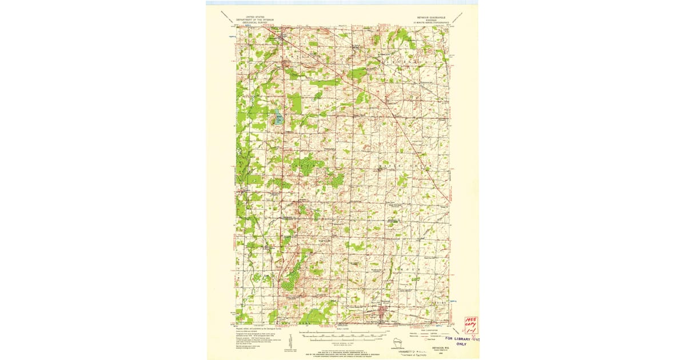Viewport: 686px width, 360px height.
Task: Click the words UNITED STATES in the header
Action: pos(255,17)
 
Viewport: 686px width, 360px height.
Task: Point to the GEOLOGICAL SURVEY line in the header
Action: pos(255,23)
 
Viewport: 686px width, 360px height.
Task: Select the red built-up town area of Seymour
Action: pos(382,312)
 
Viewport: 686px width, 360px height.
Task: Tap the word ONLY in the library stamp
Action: pos(461,344)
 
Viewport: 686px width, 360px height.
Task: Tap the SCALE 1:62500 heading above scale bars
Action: pos(343,329)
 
